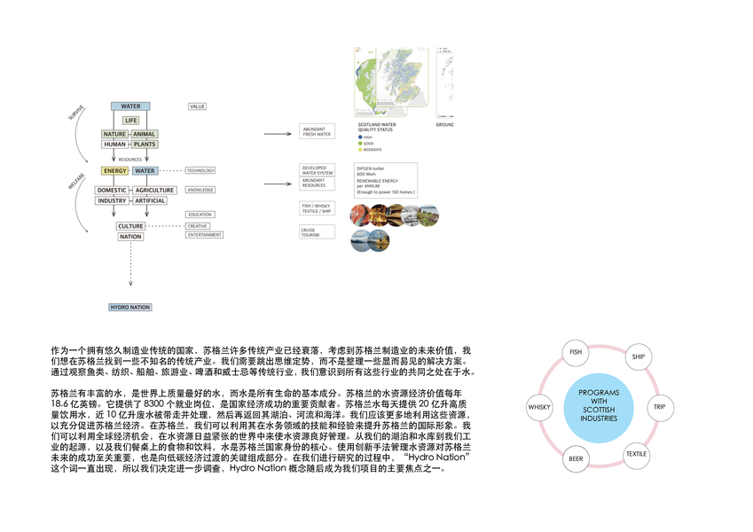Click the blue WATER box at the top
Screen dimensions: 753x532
pos(130,106)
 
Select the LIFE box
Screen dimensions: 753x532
pos(130,120)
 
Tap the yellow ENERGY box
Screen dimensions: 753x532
pos(114,170)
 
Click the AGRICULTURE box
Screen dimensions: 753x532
pos(154,190)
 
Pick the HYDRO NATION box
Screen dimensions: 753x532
pos(129,307)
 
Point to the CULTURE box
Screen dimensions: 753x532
pos(130,226)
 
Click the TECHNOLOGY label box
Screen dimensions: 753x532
pos(200,170)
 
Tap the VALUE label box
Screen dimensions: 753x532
pos(197,106)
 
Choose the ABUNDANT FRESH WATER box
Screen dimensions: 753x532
pos(317,132)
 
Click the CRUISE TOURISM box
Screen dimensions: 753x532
pos(316,231)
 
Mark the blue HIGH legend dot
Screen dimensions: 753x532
pos(358,137)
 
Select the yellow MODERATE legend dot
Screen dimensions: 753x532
pos(358,150)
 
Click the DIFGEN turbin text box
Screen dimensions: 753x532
pos(380,180)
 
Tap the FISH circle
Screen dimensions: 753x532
pos(576,353)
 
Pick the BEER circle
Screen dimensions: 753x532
pos(576,459)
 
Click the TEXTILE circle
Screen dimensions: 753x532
pos(637,455)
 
